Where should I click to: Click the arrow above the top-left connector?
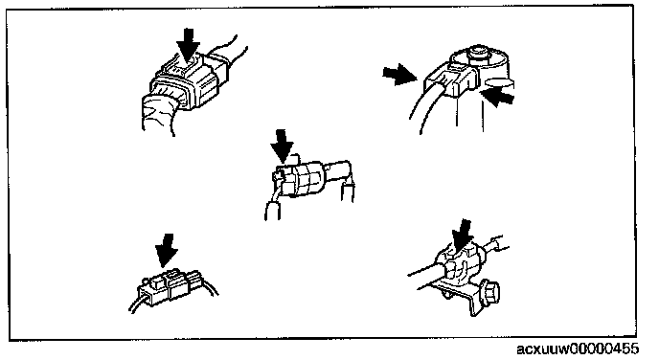[188, 45]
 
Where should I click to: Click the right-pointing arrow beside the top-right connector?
[399, 75]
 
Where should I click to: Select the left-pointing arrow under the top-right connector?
[498, 97]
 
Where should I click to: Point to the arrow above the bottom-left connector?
[167, 250]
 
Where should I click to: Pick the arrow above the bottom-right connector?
[463, 236]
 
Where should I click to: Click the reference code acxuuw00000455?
[578, 349]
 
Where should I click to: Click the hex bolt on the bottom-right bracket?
[490, 291]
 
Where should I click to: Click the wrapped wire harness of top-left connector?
[160, 113]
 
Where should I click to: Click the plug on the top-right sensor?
[450, 79]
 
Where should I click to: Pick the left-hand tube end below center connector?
[272, 211]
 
